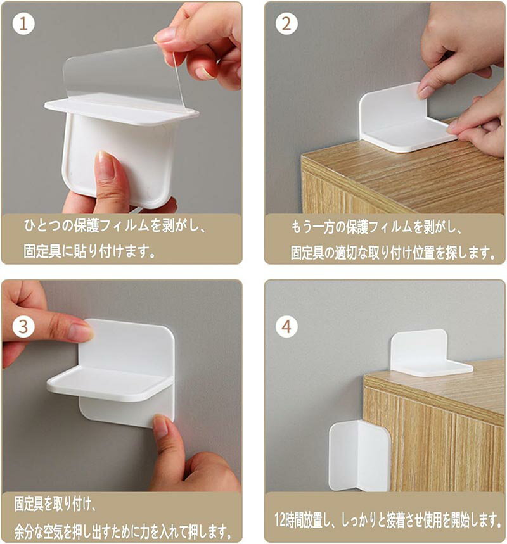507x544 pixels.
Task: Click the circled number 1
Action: point(23,23)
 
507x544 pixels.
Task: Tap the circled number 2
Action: point(286,23)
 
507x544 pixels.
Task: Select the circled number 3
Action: point(23,327)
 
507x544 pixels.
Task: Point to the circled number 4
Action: point(286,327)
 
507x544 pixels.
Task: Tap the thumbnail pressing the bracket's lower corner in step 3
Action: point(161,427)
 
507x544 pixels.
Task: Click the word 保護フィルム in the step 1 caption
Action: point(111,226)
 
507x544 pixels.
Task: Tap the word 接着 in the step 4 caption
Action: point(391,520)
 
